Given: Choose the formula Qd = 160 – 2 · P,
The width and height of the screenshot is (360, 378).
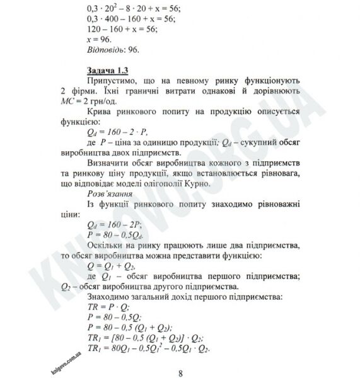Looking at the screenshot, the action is [x=115, y=131].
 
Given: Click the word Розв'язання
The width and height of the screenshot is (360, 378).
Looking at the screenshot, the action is [x=107, y=193].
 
